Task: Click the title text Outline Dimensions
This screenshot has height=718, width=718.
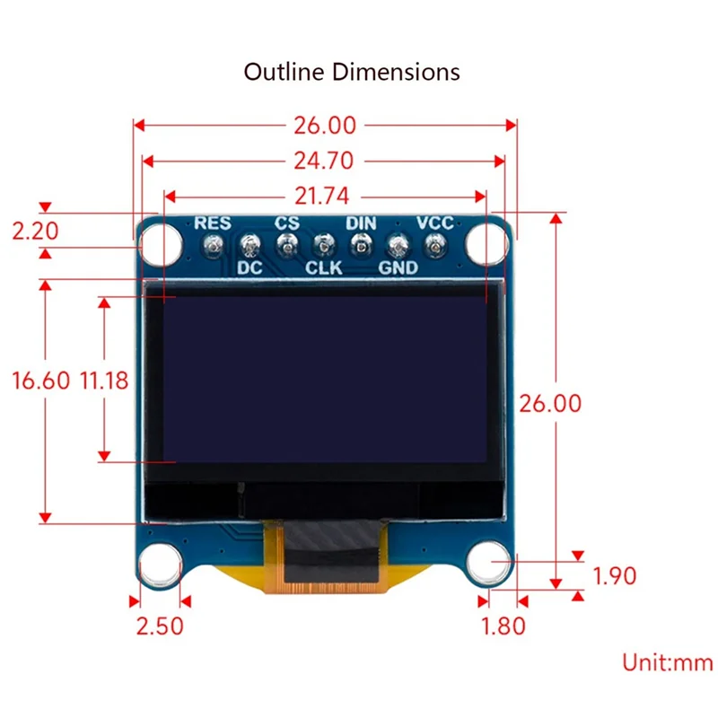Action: [352, 72]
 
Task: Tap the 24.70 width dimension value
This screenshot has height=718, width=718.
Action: [323, 161]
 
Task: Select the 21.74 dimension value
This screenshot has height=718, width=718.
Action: [323, 196]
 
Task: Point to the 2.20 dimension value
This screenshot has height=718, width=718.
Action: [35, 232]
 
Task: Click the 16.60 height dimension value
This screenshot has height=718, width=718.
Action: [40, 380]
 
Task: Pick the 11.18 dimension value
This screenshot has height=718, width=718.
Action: [104, 380]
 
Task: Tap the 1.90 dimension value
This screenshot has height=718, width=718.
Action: [615, 575]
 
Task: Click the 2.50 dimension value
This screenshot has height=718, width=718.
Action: [158, 625]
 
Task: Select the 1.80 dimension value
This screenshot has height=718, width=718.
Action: [503, 625]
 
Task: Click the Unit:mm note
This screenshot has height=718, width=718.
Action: [669, 662]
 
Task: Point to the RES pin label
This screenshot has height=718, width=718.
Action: [213, 223]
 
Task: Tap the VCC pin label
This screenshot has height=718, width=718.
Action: [434, 223]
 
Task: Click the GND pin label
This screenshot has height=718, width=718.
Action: [397, 267]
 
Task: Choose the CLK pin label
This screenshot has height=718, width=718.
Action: [324, 267]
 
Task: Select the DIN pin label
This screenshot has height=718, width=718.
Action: [361, 223]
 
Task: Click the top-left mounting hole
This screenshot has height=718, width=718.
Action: [158, 243]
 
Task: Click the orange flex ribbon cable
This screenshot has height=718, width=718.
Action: [328, 561]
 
